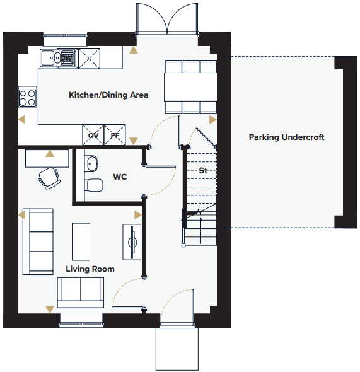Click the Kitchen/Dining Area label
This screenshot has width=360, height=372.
tap(108, 95)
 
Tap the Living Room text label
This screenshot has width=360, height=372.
tap(90, 269)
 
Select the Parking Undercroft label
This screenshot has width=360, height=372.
tap(286, 137)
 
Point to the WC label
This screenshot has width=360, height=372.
tap(120, 177)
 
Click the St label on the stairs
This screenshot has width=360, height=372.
tap(203, 170)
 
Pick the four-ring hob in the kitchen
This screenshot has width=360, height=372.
tap(28, 97)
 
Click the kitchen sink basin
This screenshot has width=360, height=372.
tap(49, 57)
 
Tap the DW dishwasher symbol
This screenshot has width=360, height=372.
tap(67, 59)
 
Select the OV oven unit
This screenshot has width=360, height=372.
tap(93, 135)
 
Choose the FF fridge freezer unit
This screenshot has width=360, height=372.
tap(115, 135)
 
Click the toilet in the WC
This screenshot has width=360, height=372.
tap(94, 185)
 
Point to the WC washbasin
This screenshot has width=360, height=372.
tap(91, 163)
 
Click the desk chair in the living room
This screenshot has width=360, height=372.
tap(49, 178)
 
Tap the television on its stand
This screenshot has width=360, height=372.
tap(132, 242)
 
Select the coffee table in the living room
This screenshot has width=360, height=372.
tap(81, 241)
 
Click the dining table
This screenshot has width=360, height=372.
tap(190, 87)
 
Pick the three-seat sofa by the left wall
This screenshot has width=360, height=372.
tap(38, 241)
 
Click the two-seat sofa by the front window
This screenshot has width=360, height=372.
tap(81, 293)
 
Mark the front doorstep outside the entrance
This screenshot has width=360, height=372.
tap(177, 349)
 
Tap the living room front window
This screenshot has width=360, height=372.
tap(81, 320)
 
